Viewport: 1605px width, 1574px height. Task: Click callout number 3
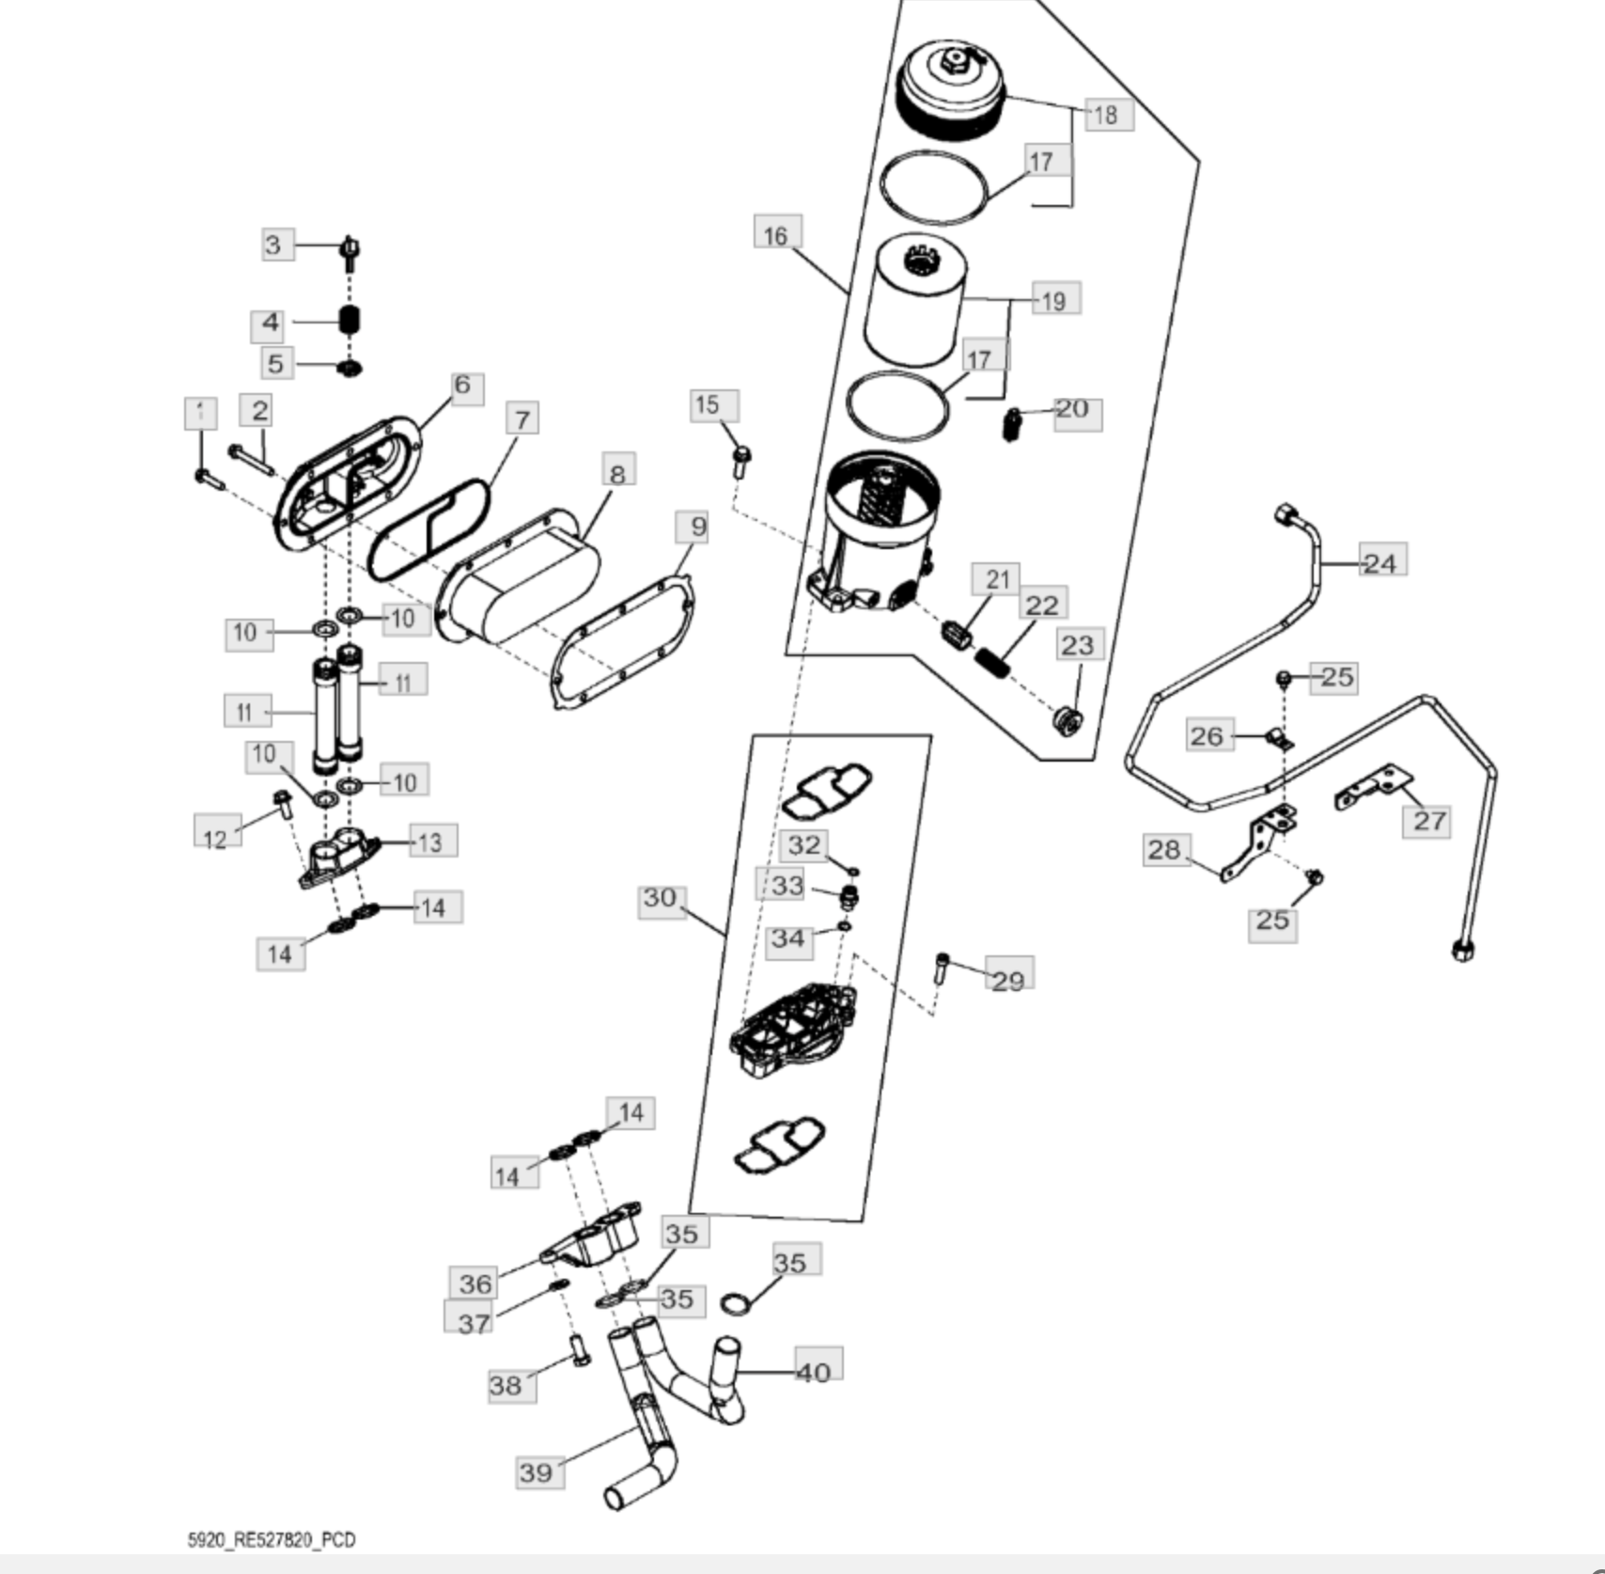[273, 245]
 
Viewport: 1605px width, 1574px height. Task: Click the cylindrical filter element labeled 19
[917, 301]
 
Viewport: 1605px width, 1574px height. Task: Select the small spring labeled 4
[350, 321]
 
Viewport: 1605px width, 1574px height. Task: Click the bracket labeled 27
[1372, 788]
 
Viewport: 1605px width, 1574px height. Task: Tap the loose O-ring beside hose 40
[736, 1304]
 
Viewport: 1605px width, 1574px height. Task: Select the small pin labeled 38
[580, 1350]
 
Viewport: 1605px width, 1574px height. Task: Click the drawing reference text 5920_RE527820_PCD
[272, 1540]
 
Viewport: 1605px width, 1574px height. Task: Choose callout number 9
[696, 527]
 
